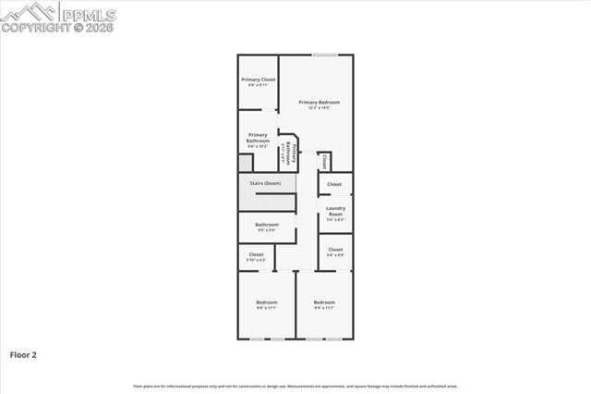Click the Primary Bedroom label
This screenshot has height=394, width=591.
(x=319, y=102)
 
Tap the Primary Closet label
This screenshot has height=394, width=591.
(x=259, y=80)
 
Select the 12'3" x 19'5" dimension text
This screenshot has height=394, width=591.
(x=319, y=108)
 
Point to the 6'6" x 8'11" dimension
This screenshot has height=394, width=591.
(x=259, y=86)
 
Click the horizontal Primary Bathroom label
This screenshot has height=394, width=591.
(x=258, y=138)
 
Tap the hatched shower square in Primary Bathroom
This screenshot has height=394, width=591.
(x=245, y=163)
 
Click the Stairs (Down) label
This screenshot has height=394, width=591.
(x=265, y=183)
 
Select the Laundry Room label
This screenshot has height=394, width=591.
(x=335, y=211)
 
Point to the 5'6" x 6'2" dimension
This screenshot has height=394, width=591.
(x=335, y=220)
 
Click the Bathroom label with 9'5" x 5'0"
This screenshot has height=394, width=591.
(x=267, y=224)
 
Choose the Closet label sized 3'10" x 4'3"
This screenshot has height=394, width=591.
(x=256, y=254)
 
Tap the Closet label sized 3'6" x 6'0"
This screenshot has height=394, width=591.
(x=335, y=249)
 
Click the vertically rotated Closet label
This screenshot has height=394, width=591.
(x=325, y=161)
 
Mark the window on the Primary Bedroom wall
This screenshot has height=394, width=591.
(x=324, y=55)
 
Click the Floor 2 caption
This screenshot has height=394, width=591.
(x=23, y=354)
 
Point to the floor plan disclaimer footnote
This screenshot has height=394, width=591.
(x=295, y=386)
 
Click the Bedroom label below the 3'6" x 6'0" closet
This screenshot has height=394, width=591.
(x=324, y=302)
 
